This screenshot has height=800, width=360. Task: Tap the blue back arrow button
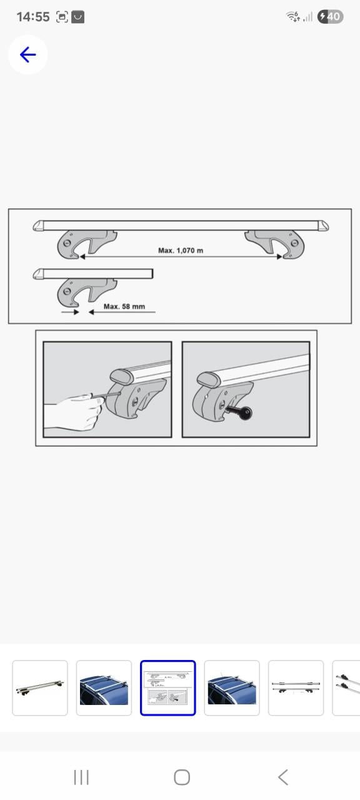[28, 54]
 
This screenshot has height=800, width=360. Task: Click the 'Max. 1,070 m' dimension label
[181, 251]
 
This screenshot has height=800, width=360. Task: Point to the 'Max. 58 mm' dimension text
[124, 306]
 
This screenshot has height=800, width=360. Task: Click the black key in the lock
[240, 412]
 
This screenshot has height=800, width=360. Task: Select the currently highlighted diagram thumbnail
[168, 688]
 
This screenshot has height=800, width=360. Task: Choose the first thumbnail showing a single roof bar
[39, 688]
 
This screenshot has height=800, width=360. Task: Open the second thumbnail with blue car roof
[104, 688]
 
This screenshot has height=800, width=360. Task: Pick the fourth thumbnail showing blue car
[232, 688]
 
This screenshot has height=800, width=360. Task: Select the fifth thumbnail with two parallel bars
[296, 688]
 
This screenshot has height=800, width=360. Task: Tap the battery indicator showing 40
[331, 16]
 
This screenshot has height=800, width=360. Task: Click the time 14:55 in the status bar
[33, 17]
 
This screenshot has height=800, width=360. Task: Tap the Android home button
[182, 777]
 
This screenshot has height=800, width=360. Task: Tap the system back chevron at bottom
[283, 777]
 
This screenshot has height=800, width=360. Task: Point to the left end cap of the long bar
[38, 226]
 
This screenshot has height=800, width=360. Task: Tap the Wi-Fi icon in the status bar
[293, 16]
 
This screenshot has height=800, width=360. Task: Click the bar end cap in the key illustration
[208, 379]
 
